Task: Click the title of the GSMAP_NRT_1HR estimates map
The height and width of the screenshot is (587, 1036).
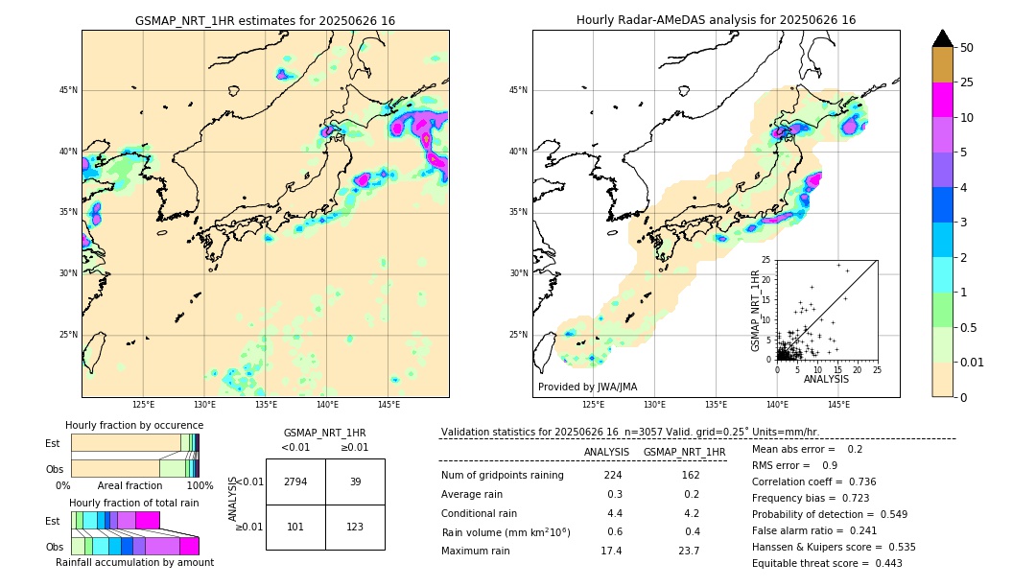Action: [265, 20]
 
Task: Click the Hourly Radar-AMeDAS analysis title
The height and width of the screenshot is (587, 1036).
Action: [716, 20]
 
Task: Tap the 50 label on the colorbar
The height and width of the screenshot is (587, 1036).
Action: [967, 48]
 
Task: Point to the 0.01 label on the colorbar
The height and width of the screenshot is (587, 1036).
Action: [973, 362]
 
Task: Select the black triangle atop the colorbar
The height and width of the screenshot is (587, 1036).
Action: [943, 38]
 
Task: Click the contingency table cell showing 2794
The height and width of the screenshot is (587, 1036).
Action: [295, 481]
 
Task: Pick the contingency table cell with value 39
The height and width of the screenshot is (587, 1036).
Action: [355, 481]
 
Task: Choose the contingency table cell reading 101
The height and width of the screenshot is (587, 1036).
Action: [295, 527]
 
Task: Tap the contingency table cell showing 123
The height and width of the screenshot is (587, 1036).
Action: [355, 527]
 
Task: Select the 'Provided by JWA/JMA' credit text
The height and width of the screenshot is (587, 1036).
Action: [587, 387]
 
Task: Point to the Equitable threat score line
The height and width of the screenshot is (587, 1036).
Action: [827, 563]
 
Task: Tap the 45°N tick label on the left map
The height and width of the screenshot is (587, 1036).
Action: [68, 90]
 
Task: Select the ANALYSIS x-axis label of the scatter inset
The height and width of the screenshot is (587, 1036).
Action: [826, 380]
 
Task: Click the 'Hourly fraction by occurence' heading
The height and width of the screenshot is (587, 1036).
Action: [134, 425]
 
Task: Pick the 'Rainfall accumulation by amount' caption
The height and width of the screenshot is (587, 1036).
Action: [134, 562]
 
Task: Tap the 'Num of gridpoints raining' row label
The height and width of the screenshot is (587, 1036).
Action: [503, 475]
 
